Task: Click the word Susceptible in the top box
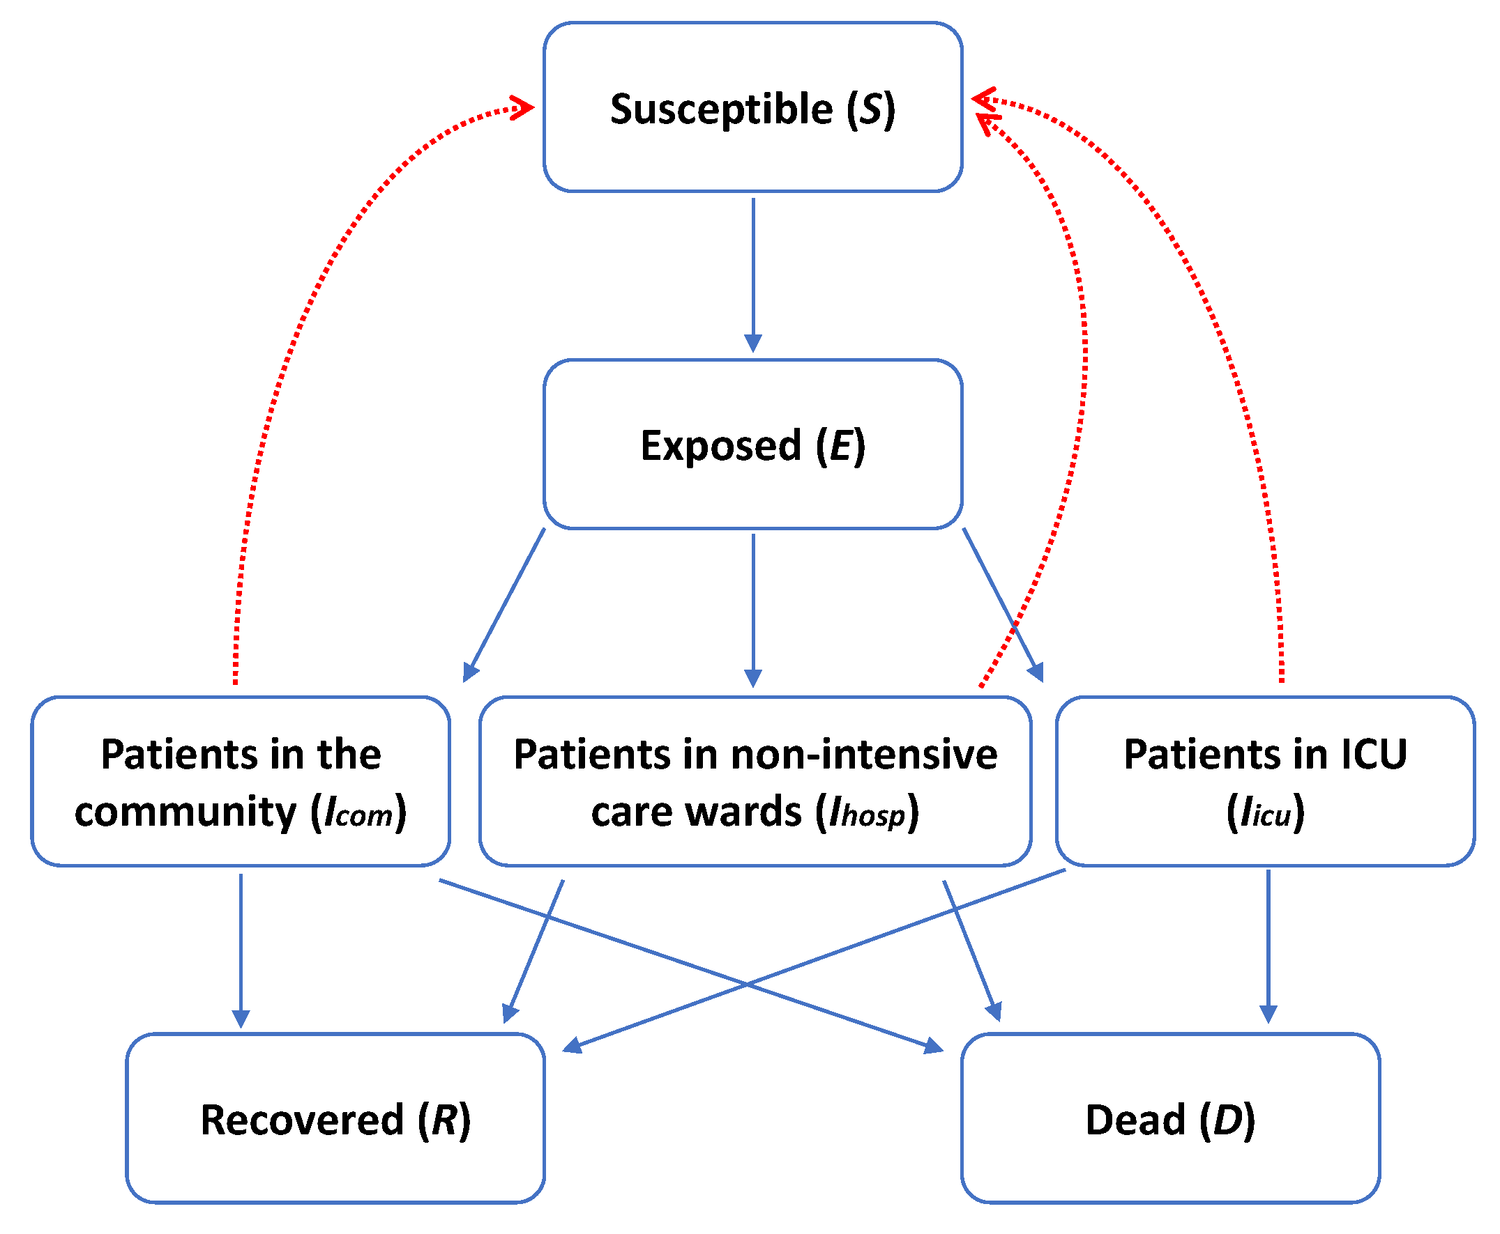(721, 109)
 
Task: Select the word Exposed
(721, 446)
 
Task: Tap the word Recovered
(302, 1120)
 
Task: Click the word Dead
(1135, 1120)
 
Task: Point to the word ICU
(1373, 753)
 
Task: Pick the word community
(185, 812)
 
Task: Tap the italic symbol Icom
(358, 813)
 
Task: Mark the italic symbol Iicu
(1265, 813)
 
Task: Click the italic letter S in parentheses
(871, 109)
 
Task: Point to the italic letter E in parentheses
(842, 446)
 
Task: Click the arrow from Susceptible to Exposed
(753, 275)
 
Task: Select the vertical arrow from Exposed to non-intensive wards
(753, 610)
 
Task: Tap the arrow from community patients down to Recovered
(241, 950)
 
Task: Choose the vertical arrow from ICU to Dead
(1268, 947)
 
